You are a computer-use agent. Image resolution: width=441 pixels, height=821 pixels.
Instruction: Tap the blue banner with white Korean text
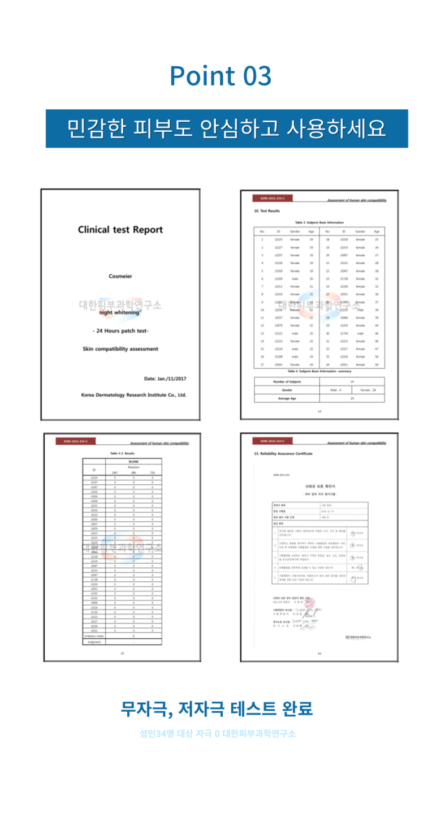click(x=227, y=128)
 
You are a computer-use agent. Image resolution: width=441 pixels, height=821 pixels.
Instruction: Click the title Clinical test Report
click(x=120, y=230)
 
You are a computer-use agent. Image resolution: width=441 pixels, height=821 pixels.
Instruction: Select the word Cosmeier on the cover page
click(x=120, y=276)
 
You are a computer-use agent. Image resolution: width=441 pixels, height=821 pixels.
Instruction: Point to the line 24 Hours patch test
click(x=120, y=330)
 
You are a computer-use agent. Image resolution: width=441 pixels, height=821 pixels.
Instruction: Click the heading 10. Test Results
click(x=267, y=211)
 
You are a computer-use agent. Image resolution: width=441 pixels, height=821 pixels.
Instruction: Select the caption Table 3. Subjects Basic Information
click(x=319, y=222)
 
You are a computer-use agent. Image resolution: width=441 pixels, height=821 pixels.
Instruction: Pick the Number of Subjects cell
click(x=287, y=382)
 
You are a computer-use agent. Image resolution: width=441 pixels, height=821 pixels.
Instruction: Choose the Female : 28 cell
click(x=367, y=390)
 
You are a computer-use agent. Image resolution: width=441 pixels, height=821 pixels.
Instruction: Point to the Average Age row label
click(x=287, y=399)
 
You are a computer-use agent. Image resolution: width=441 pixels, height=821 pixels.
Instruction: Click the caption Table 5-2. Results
click(x=122, y=453)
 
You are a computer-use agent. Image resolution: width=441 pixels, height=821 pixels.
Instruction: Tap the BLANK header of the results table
click(x=133, y=462)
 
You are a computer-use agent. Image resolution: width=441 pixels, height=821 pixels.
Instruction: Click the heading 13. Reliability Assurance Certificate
click(x=283, y=454)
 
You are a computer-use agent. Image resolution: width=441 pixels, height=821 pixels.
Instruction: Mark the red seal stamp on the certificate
click(x=310, y=604)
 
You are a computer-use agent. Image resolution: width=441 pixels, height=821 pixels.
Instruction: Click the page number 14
click(x=319, y=411)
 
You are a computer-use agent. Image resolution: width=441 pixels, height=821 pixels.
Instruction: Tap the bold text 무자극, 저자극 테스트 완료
click(x=217, y=708)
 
